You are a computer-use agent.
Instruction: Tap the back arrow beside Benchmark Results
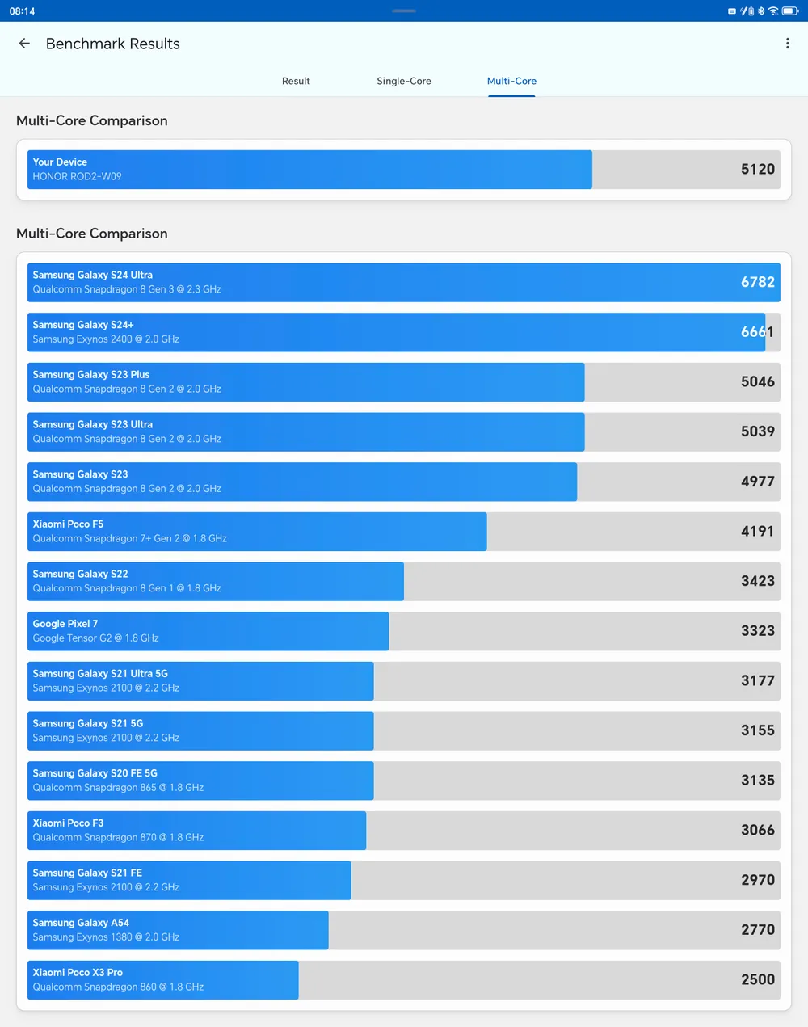pyautogui.click(x=24, y=44)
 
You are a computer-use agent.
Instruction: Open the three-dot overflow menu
pyautogui.click(x=788, y=44)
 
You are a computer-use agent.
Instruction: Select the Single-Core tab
pyautogui.click(x=404, y=81)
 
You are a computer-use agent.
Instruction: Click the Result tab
pyautogui.click(x=296, y=81)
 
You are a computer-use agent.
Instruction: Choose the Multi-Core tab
pyautogui.click(x=511, y=81)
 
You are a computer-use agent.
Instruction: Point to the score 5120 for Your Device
pyautogui.click(x=757, y=169)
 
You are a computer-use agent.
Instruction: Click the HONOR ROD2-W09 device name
pyautogui.click(x=77, y=176)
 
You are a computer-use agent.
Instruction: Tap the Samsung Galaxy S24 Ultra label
pyautogui.click(x=92, y=275)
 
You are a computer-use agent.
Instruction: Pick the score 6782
pyautogui.click(x=757, y=282)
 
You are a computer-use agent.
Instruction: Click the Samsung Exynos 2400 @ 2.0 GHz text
pyautogui.click(x=106, y=339)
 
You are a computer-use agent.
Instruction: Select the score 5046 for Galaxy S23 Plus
pyautogui.click(x=757, y=381)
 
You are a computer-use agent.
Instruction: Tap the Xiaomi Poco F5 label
pyautogui.click(x=68, y=524)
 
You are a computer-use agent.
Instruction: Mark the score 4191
pyautogui.click(x=757, y=531)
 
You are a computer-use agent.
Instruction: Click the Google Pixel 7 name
pyautogui.click(x=65, y=624)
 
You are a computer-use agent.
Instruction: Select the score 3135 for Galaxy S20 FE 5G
pyautogui.click(x=757, y=780)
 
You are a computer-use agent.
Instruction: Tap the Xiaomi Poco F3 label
pyautogui.click(x=68, y=823)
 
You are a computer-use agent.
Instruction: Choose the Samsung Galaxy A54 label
pyautogui.click(x=81, y=923)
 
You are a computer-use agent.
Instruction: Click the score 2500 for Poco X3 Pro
pyautogui.click(x=757, y=979)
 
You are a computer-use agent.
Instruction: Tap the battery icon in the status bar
pyautogui.click(x=789, y=11)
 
